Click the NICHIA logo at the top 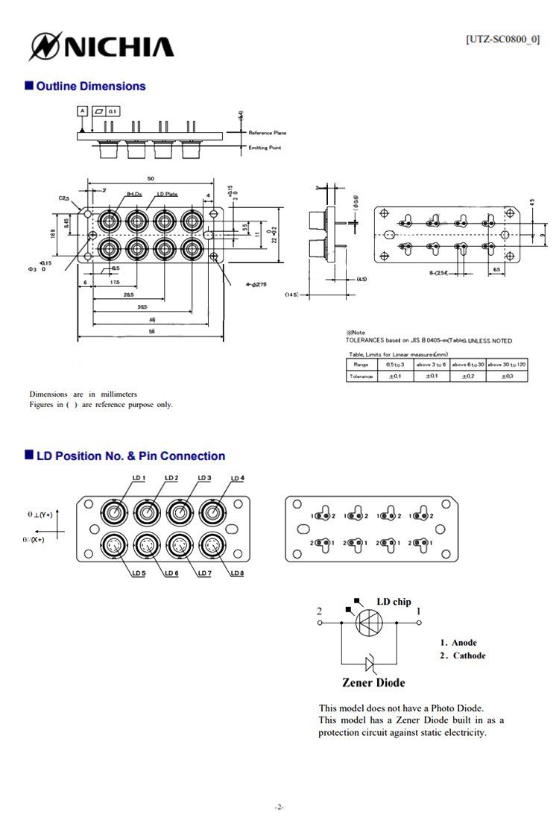pyautogui.click(x=101, y=46)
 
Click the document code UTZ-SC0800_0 pyautogui.click(x=502, y=40)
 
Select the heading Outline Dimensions pyautogui.click(x=90, y=86)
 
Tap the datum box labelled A pyautogui.click(x=82, y=110)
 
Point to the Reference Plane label pyautogui.click(x=267, y=133)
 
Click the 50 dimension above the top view pyautogui.click(x=151, y=180)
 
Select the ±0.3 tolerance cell pyautogui.click(x=506, y=377)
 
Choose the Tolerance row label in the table pyautogui.click(x=361, y=377)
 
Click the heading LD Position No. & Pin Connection pyautogui.click(x=130, y=456)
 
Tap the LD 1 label pyautogui.click(x=139, y=478)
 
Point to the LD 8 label pyautogui.click(x=237, y=573)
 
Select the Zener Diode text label pyautogui.click(x=373, y=682)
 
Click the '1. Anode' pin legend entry pyautogui.click(x=458, y=643)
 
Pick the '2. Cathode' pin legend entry pyautogui.click(x=462, y=656)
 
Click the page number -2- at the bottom pyautogui.click(x=279, y=807)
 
